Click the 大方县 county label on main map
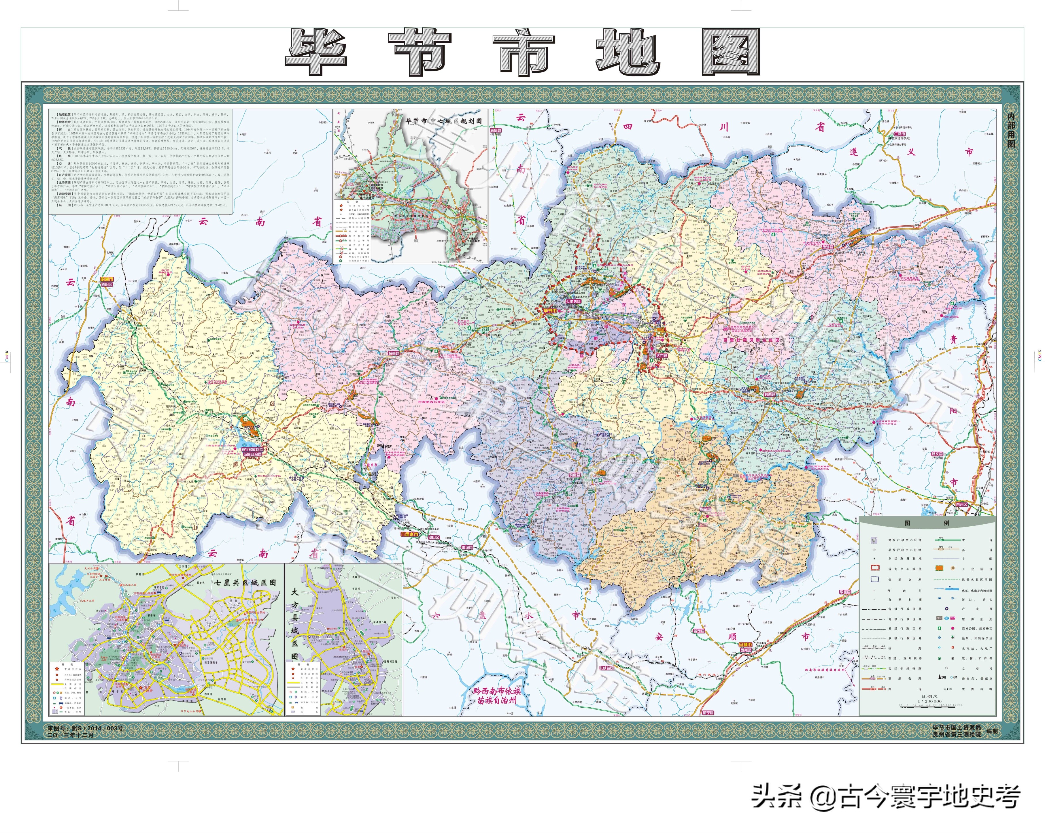(662, 355)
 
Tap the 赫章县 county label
(393, 353)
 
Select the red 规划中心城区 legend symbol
(875, 568)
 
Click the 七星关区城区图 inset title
(245, 582)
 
